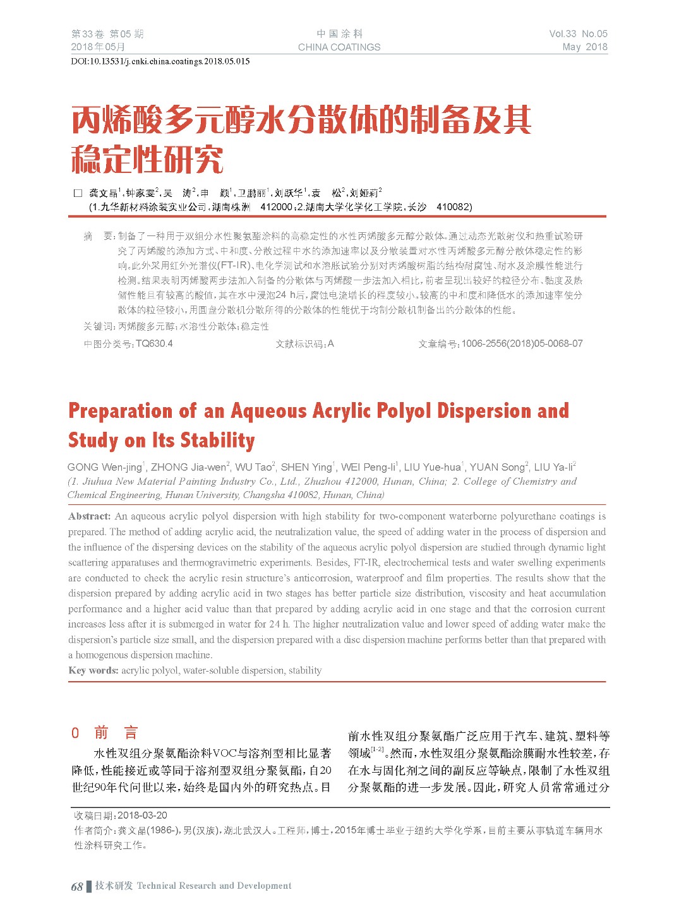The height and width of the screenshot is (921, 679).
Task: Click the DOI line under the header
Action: pos(160,61)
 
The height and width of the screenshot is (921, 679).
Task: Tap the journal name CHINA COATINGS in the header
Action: pos(339,47)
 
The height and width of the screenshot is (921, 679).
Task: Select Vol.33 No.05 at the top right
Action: pos(578,34)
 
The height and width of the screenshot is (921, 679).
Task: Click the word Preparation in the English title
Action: pos(120,411)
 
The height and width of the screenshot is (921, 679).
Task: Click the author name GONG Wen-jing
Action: pos(105,467)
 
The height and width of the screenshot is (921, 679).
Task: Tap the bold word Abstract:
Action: pos(90,516)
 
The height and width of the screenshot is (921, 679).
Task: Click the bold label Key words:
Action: pos(93,670)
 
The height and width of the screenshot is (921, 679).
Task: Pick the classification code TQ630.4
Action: pos(154,343)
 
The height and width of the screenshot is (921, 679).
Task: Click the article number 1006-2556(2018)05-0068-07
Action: pos(522,343)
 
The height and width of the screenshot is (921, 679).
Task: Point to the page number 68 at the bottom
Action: pos(77,886)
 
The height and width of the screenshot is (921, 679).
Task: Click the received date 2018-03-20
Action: pos(143,815)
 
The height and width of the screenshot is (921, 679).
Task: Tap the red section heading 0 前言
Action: pos(105,733)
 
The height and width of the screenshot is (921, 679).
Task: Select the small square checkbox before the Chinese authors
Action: pos(78,193)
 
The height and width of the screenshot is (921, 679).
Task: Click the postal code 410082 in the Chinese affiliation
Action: pos(454,206)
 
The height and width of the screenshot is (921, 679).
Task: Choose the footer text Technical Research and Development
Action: pos(214,886)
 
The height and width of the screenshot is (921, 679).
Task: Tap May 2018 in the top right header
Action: pos(585,47)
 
